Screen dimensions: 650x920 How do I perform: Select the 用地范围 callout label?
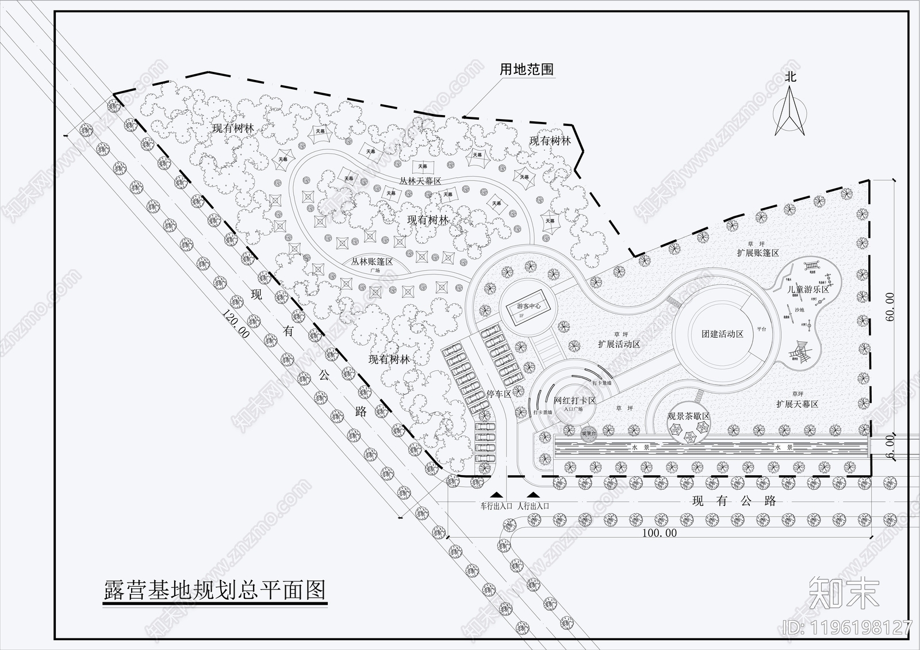pos(526,70)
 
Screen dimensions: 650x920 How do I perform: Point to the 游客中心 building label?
pos(528,307)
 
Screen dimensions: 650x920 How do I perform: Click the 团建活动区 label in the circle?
pos(722,334)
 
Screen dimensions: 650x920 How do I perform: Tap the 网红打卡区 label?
pos(574,400)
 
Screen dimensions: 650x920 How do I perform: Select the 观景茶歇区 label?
pos(688,416)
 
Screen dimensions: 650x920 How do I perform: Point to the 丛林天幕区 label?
pos(420,181)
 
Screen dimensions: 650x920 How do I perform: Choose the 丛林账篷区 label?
pos(372,261)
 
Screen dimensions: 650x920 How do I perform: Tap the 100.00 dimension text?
pos(659,533)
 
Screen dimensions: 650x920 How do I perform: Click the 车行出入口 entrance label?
pos(496,506)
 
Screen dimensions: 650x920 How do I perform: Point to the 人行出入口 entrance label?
pos(534,506)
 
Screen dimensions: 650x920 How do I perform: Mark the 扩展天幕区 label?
pos(797,404)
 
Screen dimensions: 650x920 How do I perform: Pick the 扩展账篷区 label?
pos(758,253)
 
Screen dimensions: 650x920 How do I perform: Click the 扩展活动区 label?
pos(619,344)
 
